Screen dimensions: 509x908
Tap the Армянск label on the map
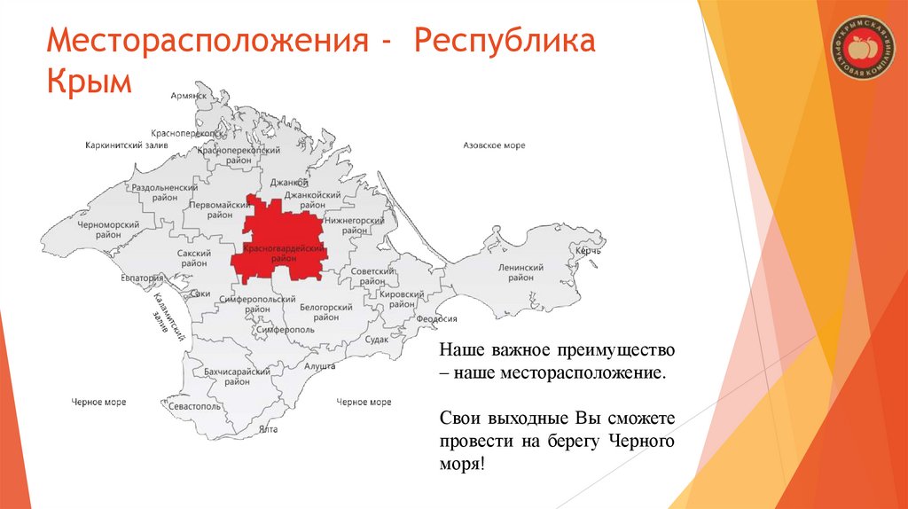pyautogui.click(x=187, y=96)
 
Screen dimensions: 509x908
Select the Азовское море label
pyautogui.click(x=494, y=145)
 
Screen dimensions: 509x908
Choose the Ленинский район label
pyautogui.click(x=520, y=273)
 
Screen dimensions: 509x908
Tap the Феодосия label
pyautogui.click(x=437, y=319)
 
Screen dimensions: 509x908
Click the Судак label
pyautogui.click(x=377, y=339)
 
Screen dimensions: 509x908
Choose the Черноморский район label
pyautogui.click(x=109, y=231)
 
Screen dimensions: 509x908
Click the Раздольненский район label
pyautogui.click(x=164, y=194)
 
